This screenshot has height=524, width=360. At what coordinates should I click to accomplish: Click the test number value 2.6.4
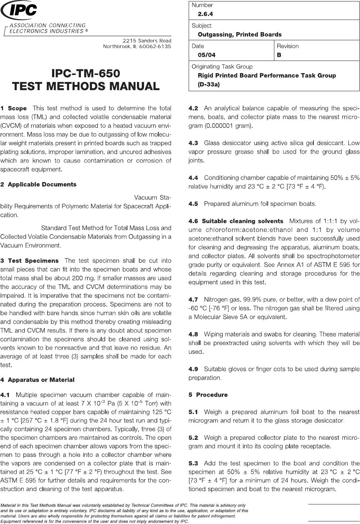pos(205,14)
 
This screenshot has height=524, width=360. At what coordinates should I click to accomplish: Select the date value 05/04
pos(207,55)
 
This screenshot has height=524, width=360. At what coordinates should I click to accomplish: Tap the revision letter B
pos(279,55)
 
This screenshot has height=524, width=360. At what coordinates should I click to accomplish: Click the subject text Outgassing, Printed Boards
pos(239,34)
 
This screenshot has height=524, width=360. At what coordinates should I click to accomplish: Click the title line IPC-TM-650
pos(86,73)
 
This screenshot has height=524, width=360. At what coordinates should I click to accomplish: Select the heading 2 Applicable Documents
pos(38,184)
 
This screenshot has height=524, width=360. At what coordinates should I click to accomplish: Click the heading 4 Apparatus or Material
pos(37,380)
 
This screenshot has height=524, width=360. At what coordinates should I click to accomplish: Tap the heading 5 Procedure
pos(208,395)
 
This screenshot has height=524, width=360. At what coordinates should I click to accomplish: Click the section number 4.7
pos(193,299)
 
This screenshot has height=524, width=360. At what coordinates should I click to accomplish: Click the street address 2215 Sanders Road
pos(147,40)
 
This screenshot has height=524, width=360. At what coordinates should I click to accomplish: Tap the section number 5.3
pos(193,463)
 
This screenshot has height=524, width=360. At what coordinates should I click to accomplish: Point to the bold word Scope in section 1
pos(17,109)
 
